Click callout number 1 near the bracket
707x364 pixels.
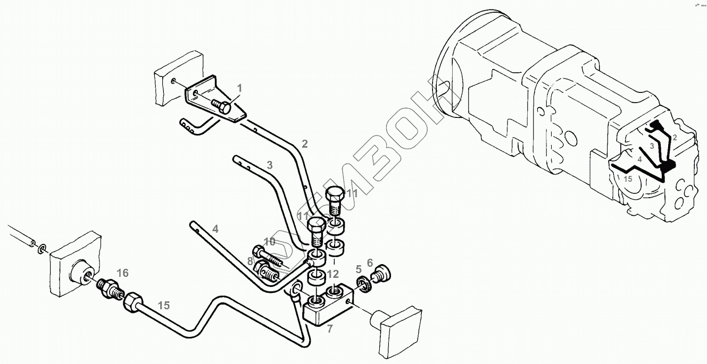click(x=239, y=88)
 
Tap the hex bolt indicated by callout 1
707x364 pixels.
click(x=221, y=106)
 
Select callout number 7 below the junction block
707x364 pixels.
click(x=330, y=329)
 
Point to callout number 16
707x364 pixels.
click(x=123, y=273)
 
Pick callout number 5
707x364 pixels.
click(x=359, y=269)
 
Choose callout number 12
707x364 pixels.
click(x=333, y=274)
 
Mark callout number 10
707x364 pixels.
click(x=270, y=242)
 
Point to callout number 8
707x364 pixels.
click(x=250, y=261)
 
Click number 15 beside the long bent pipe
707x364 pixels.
click(x=164, y=306)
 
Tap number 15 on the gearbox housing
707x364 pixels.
click(x=628, y=179)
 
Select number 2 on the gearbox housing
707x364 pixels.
click(x=674, y=138)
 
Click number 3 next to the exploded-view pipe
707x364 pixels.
click(x=270, y=165)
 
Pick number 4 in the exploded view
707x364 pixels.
click(x=215, y=229)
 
